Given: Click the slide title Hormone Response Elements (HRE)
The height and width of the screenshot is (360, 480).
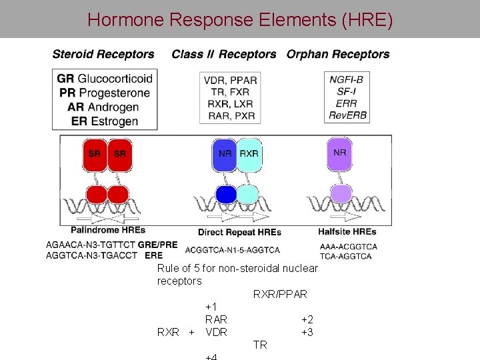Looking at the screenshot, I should click(240, 19).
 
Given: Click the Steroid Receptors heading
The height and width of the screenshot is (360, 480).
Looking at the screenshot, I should click(103, 55).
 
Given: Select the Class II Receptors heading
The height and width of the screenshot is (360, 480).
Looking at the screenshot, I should click(224, 55).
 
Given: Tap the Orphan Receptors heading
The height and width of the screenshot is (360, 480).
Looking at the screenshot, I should click(338, 55).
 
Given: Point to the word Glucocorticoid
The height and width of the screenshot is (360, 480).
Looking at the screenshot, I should click(115, 79).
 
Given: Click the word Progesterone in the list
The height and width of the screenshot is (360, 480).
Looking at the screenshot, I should click(114, 93).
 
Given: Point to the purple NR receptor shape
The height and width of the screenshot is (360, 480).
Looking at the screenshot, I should click(339, 153).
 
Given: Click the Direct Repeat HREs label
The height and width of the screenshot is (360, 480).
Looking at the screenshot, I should click(239, 232).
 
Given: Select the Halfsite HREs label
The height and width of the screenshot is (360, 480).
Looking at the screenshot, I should click(348, 232).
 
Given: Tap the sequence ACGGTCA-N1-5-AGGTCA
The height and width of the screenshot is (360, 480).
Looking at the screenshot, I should click(233, 250).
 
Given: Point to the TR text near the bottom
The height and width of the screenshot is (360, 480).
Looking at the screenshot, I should click(260, 345).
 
